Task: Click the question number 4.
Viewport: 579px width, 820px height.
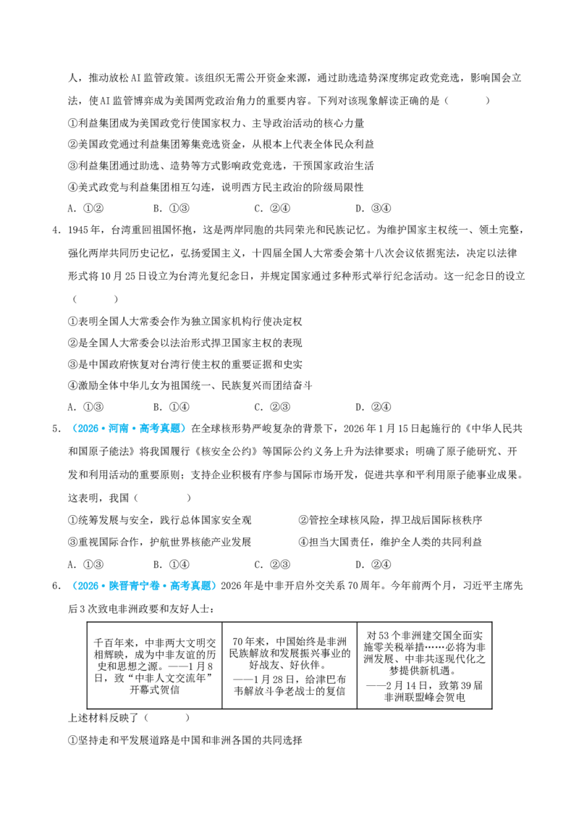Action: pyautogui.click(x=56, y=230)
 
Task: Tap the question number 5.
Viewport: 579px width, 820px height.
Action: pyautogui.click(x=56, y=429)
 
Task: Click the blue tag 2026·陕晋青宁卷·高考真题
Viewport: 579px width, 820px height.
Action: pyautogui.click(x=142, y=586)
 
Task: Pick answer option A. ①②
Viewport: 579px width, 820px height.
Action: pyautogui.click(x=85, y=209)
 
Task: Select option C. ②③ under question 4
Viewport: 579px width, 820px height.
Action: pyautogui.click(x=272, y=407)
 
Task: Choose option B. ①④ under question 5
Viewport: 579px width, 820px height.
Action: pyautogui.click(x=172, y=565)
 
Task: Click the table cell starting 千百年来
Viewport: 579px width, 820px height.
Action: pyautogui.click(x=155, y=665)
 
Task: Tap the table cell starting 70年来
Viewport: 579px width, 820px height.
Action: pyautogui.click(x=289, y=665)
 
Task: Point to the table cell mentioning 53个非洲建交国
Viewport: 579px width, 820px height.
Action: pyautogui.click(x=424, y=665)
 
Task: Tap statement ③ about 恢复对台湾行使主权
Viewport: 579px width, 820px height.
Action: pyautogui.click(x=185, y=364)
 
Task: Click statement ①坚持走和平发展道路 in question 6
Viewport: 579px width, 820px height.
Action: pyautogui.click(x=185, y=740)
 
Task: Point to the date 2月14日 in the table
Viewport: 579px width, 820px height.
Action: pyautogui.click(x=407, y=685)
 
